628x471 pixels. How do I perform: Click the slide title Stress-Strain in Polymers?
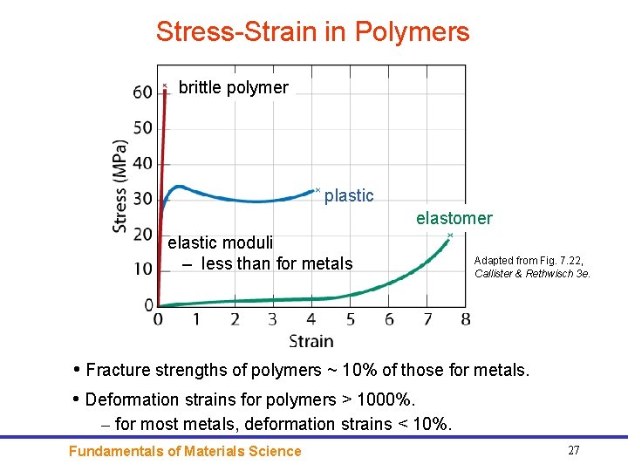pyautogui.click(x=312, y=32)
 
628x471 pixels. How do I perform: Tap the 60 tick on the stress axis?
pyautogui.click(x=142, y=92)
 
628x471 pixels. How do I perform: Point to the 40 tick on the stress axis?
pyautogui.click(x=142, y=164)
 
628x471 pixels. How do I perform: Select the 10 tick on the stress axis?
pyautogui.click(x=142, y=270)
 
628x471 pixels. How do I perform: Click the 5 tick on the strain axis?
pyautogui.click(x=350, y=319)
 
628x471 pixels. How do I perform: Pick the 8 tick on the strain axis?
pyautogui.click(x=465, y=319)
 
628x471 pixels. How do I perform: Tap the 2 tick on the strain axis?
pyautogui.click(x=235, y=319)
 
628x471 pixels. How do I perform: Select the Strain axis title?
pyautogui.click(x=311, y=340)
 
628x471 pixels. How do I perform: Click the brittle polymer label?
pyautogui.click(x=233, y=87)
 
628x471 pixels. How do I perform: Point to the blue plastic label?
pyautogui.click(x=349, y=196)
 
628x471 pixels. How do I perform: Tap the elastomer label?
pyautogui.click(x=454, y=218)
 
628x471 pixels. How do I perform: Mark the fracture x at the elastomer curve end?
pyautogui.click(x=450, y=235)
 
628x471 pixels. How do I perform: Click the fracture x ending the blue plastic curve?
pyautogui.click(x=317, y=189)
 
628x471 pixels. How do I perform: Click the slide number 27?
pyautogui.click(x=573, y=450)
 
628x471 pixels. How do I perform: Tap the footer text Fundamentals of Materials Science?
pyautogui.click(x=185, y=451)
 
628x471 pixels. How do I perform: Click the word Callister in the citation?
pyautogui.click(x=495, y=273)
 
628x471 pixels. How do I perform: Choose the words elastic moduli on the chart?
pyautogui.click(x=220, y=242)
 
